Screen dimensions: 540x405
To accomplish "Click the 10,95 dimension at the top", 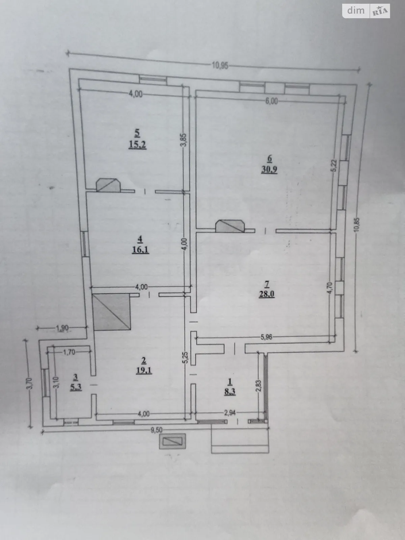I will click(x=220, y=66).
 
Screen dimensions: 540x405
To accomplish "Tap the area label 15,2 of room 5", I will click(x=137, y=145).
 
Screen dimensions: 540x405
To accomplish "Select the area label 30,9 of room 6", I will click(x=269, y=169).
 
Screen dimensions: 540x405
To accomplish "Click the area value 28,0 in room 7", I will click(x=266, y=294).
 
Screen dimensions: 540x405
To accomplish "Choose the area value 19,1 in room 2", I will click(x=144, y=370).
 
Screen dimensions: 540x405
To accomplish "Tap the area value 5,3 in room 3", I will click(x=76, y=387).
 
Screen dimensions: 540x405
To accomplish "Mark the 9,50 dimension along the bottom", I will click(x=156, y=430).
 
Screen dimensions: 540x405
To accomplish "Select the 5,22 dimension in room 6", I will click(x=333, y=166).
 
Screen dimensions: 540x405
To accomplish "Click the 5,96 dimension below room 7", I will click(x=267, y=336).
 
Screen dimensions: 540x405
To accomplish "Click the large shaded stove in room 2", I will click(x=111, y=312).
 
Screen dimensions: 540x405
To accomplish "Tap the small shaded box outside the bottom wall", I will click(x=172, y=441).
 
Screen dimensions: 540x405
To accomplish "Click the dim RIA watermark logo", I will click(x=367, y=11).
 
